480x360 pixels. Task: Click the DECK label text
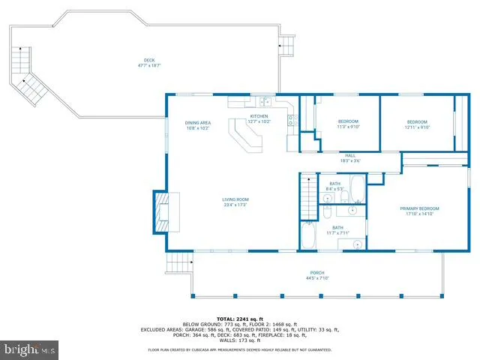[149, 61]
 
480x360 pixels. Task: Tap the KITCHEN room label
[259, 116]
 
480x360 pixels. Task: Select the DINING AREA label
[197, 123]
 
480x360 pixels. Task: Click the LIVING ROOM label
[235, 199]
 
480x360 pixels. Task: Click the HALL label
[349, 155]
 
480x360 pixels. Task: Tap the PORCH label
[318, 273]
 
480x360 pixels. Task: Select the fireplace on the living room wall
[161, 211]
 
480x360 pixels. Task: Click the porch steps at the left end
[178, 262]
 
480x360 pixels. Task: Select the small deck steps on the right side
[287, 46]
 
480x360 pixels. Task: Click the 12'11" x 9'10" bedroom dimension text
[417, 127]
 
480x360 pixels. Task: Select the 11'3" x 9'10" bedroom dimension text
[348, 127]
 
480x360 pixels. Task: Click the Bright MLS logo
[30, 349]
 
